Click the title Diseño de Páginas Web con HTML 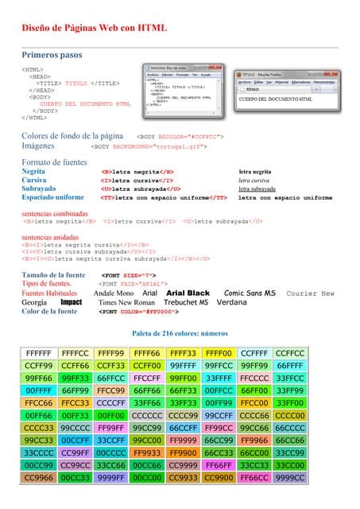tap(94, 27)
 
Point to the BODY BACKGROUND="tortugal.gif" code tap(149, 146)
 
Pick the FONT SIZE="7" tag tap(127, 275)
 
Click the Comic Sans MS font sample tap(250, 293)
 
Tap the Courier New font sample tap(311, 293)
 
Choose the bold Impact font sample tap(72, 303)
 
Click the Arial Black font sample tap(188, 293)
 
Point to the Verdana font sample tap(231, 303)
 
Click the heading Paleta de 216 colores tap(180, 332)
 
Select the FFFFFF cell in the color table tap(38, 353)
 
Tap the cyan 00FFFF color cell tap(38, 390)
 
